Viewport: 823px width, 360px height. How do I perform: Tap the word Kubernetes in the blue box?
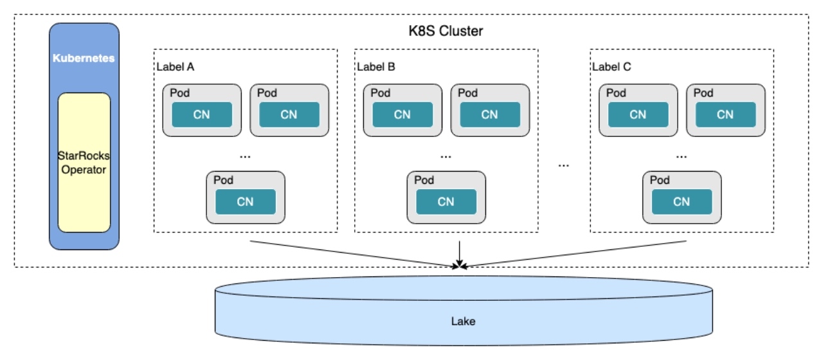tap(84, 58)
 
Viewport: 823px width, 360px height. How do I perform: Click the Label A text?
tap(175, 66)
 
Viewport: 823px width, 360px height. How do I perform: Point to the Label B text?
tap(375, 66)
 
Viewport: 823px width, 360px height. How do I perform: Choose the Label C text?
tap(611, 66)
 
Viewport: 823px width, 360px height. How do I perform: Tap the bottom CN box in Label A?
tap(245, 201)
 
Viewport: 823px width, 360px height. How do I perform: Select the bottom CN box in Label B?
tap(446, 201)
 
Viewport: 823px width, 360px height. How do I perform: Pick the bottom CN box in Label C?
tap(682, 201)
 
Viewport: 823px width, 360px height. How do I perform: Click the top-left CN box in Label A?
tap(201, 114)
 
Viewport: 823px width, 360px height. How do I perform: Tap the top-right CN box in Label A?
tap(289, 114)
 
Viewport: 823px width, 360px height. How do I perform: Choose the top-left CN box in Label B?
tap(402, 114)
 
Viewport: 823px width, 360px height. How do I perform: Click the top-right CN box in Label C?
tap(725, 114)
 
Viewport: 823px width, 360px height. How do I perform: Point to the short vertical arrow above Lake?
tap(460, 251)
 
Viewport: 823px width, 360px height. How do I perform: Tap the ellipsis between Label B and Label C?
tap(564, 165)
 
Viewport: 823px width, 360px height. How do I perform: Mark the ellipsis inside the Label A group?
tap(245, 155)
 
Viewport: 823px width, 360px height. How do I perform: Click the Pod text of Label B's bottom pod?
tap(424, 180)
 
